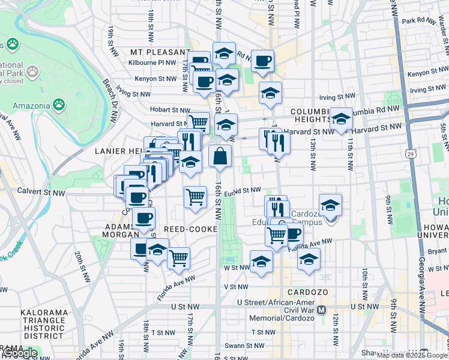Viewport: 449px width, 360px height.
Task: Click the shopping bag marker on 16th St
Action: click(220, 156)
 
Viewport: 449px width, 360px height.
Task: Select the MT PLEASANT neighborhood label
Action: click(155, 52)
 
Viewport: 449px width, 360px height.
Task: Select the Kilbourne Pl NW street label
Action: click(153, 62)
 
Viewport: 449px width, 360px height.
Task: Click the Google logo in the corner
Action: click(19, 353)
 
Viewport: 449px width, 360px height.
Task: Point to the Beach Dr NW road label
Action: click(110, 102)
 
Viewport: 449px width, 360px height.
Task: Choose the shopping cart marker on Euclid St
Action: click(195, 196)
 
